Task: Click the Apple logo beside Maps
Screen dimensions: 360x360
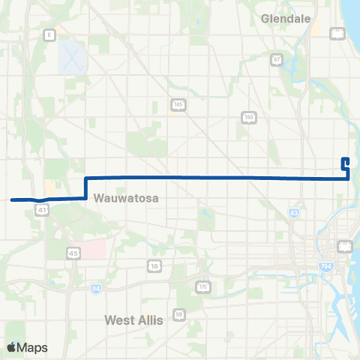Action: point(12,347)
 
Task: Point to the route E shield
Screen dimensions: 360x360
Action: point(49,34)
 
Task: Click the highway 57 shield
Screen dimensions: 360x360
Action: point(277,58)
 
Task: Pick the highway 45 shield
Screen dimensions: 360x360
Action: point(72,253)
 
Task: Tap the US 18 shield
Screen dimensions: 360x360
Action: point(154,266)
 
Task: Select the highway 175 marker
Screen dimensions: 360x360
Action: point(201,286)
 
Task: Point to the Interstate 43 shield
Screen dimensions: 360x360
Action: point(292,214)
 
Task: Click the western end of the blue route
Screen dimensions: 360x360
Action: point(12,199)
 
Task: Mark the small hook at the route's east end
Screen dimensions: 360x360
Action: point(345,162)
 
